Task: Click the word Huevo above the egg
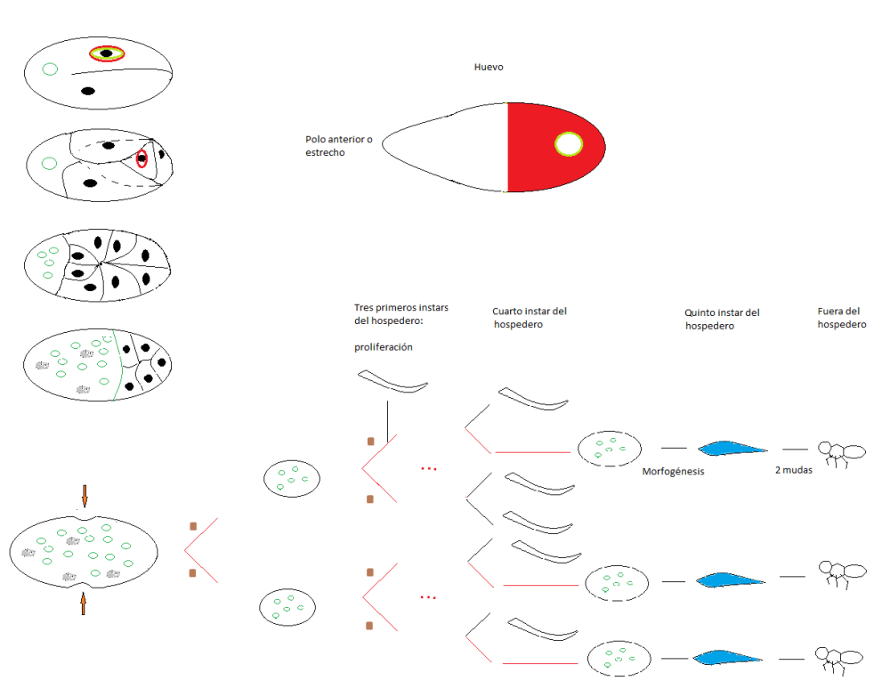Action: tap(489, 67)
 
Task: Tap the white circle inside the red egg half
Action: tap(568, 143)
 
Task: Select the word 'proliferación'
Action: tap(384, 347)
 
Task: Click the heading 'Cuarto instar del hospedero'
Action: tap(530, 318)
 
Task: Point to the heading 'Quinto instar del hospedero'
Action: tap(722, 320)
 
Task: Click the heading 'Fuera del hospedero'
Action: tap(842, 318)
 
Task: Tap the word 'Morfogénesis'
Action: tap(673, 472)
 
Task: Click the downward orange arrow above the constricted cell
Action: tap(85, 495)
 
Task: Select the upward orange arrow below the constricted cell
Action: tap(84, 604)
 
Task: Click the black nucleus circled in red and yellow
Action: tap(107, 53)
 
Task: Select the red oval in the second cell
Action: tap(142, 160)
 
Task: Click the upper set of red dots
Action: tap(429, 468)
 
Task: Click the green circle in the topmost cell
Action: tap(51, 69)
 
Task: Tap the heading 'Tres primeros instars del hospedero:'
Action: tap(401, 314)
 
